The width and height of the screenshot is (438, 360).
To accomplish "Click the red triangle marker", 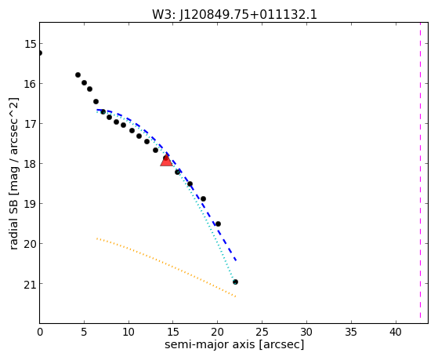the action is pos(166,160).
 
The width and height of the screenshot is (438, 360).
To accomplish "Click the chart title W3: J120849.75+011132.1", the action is pos(234,14).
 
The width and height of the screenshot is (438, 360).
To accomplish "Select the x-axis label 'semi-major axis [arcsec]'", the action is pos(234,344).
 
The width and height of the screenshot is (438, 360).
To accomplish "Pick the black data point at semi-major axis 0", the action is pos(40,53).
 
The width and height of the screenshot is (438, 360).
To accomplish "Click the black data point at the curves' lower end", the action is pos(235,282).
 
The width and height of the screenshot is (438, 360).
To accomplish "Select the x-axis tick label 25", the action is pos(262,332).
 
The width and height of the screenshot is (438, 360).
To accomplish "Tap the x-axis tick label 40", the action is pos(396,332).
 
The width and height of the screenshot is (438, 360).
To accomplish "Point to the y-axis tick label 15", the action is pos(31,44).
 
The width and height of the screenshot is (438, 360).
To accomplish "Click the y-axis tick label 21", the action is pos(31,284).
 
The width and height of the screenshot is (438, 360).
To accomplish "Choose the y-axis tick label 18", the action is pos(31,164).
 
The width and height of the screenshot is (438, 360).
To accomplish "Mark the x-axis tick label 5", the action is pos(84,332).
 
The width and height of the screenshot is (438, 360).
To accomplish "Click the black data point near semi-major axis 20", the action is pos(218,224).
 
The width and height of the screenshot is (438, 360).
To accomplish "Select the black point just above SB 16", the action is pos(78,75).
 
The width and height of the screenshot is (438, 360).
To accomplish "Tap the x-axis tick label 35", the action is pos(351,332).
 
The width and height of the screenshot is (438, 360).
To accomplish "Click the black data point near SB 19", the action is pos(203,199).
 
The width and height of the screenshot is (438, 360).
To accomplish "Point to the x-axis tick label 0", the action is pos(40,332).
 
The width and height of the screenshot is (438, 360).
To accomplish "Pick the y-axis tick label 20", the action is pos(31,244).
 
